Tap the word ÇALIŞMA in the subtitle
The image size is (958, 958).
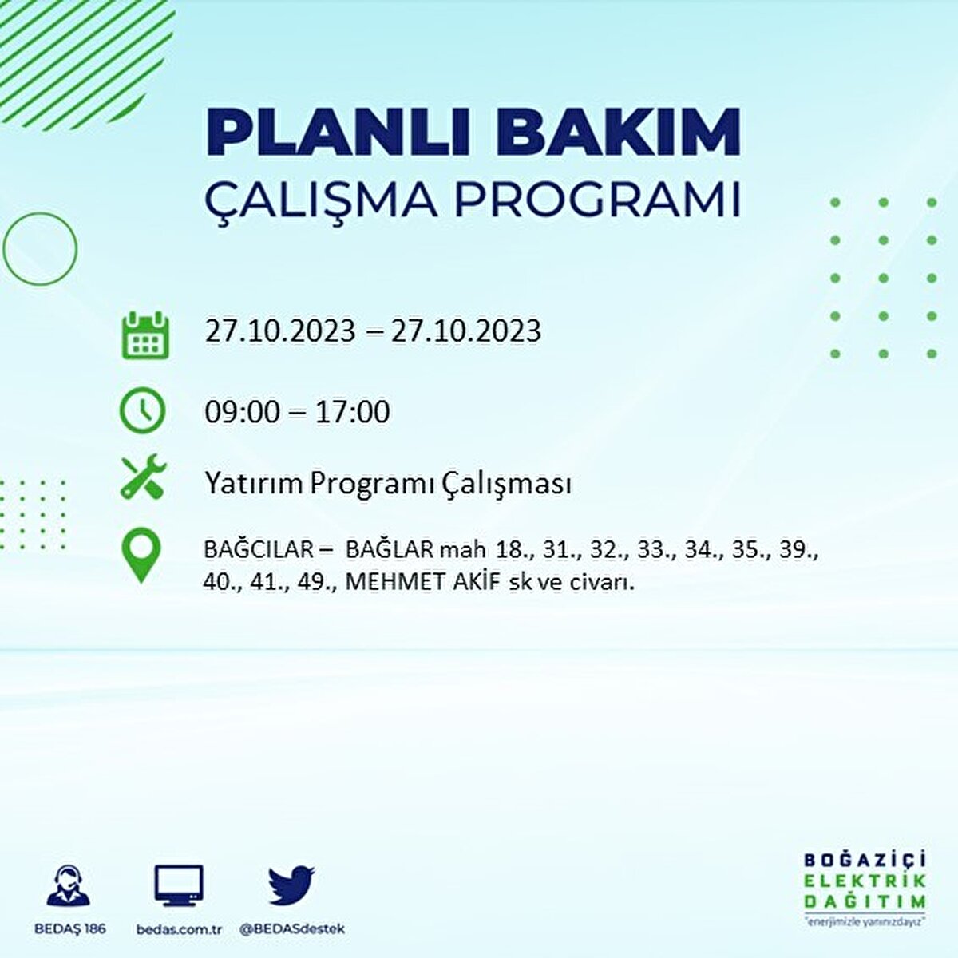[319, 200]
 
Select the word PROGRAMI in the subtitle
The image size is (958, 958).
[599, 200]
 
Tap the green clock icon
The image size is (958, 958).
[142, 410]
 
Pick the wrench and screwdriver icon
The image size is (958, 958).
[143, 477]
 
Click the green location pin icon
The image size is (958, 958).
[141, 556]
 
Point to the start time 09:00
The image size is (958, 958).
[243, 412]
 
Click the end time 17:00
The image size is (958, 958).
[352, 412]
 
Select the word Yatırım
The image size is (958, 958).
[253, 484]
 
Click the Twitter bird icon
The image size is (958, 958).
[291, 884]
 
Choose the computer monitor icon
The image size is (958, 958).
[179, 885]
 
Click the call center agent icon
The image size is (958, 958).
[69, 885]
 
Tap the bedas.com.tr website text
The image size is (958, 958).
[179, 929]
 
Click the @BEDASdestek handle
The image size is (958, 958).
[292, 929]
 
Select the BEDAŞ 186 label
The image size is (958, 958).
[70, 929]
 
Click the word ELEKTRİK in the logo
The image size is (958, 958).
[865, 881]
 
